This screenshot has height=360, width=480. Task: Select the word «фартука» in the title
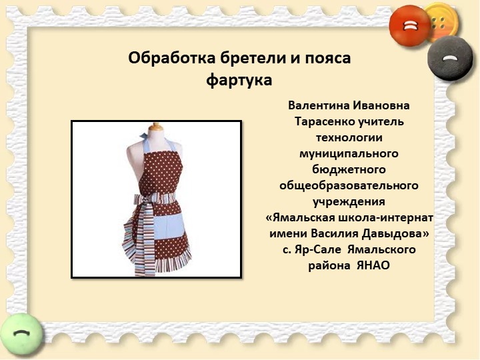point(239,81)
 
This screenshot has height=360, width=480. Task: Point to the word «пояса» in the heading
point(328,59)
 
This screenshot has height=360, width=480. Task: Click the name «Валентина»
point(320,106)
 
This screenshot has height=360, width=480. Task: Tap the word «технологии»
point(350,138)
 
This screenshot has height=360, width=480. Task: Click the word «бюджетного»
point(349,169)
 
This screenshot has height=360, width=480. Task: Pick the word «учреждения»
point(349,201)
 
